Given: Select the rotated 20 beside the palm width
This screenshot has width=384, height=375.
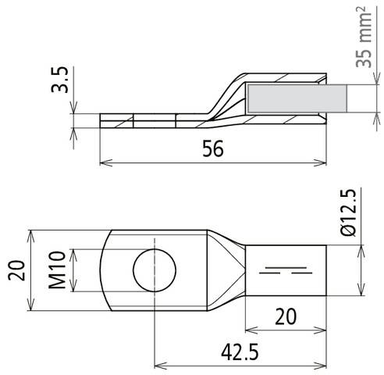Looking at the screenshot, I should point(18,270).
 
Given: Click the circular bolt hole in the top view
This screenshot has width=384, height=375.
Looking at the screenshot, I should point(155,270).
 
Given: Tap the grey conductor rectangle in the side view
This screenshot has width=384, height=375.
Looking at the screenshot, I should point(296,100).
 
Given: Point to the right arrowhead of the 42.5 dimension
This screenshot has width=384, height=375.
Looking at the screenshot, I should point(322,364).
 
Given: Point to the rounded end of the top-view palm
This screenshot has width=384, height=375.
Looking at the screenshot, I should point(107,270).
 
